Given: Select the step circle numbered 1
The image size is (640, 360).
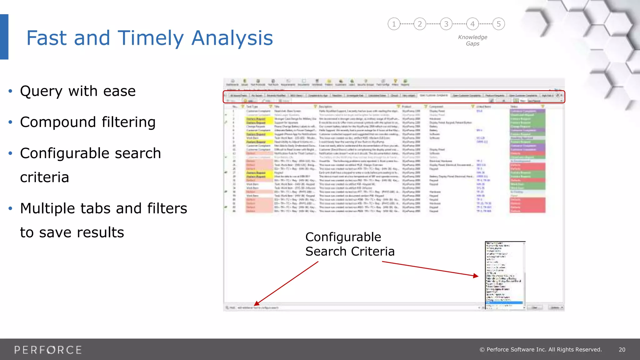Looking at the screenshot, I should pos(394,24).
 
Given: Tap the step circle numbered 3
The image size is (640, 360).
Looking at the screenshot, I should pos(446,24).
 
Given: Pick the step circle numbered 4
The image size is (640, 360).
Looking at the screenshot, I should pos(472,24).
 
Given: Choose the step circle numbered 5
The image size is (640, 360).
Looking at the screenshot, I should pos(499,24).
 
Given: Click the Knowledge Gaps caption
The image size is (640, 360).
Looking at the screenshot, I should pos(472,40).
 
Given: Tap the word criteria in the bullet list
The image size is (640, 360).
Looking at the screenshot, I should pos(44,177).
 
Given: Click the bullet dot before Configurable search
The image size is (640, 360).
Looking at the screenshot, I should pos(10,153).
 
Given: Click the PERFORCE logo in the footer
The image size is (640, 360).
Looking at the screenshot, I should pos(48,350).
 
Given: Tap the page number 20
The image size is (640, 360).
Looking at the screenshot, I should pos(622,350).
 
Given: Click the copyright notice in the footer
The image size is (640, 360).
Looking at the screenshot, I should pos(541,350).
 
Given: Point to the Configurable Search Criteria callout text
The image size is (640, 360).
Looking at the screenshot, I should pos(349,244).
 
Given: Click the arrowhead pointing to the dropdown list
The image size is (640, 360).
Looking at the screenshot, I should pos(476,276).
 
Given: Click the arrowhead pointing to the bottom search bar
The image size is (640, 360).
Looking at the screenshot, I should pos(257,303).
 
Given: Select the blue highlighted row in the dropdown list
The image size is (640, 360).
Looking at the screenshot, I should pos(504,302).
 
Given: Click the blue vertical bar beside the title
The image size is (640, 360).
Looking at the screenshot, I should pos(4,37).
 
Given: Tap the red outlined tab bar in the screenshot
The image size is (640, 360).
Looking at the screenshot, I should pos(394,97).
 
